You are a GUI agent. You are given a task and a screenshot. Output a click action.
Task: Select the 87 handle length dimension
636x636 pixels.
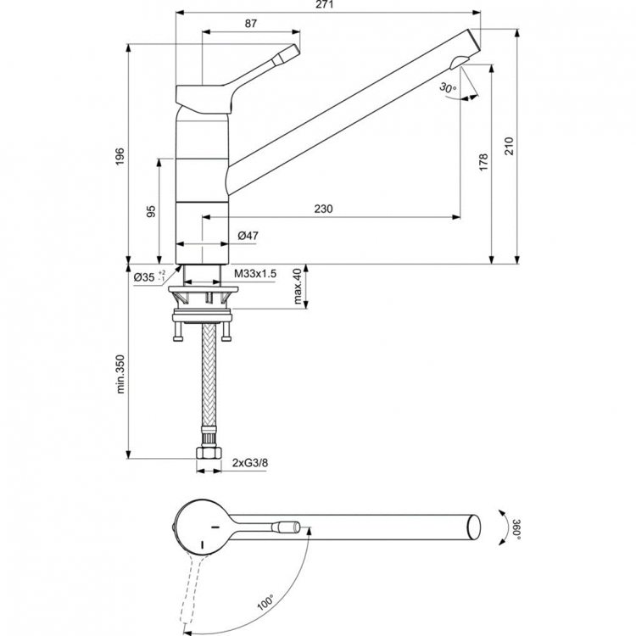tap(251, 24)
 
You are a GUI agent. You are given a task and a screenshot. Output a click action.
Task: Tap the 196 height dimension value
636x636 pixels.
tap(120, 155)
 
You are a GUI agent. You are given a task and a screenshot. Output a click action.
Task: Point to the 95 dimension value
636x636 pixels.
tap(152, 211)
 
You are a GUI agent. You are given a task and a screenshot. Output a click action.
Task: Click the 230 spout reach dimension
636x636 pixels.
tap(323, 209)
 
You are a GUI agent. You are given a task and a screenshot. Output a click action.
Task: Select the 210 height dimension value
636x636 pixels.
tap(509, 146)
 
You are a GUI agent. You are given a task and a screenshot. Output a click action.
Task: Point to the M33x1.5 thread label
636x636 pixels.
tap(255, 273)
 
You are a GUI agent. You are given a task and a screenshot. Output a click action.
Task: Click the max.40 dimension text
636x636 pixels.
tap(298, 287)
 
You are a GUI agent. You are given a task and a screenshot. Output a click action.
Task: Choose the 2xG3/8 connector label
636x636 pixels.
tap(250, 462)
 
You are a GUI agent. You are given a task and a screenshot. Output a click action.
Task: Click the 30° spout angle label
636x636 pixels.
tap(448, 87)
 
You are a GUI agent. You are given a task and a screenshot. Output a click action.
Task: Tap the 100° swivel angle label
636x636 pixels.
tap(265, 602)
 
